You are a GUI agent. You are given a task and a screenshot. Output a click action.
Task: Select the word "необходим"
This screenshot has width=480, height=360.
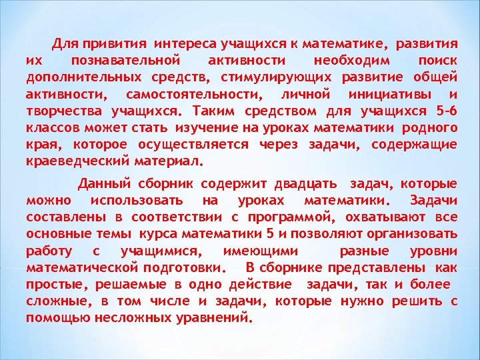[347, 61]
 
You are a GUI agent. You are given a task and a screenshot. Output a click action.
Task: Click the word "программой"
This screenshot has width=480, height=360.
[288, 217]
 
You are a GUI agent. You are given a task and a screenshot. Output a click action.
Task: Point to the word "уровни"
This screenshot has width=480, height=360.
[433, 251]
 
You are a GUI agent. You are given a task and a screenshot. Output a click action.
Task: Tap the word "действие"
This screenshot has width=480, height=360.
[262, 284]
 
